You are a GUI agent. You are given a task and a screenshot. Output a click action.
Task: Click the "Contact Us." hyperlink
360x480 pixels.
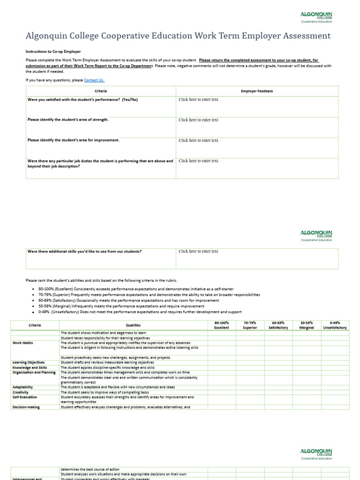94,80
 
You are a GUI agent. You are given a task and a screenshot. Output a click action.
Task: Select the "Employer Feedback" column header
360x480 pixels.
256,91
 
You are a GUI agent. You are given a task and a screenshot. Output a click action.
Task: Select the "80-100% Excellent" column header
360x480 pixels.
222,325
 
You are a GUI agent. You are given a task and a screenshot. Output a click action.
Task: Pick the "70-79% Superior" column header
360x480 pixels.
250,325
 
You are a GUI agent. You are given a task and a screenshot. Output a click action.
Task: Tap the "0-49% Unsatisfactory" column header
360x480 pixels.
335,325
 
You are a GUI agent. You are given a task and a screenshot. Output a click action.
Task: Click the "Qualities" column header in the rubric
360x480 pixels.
133,325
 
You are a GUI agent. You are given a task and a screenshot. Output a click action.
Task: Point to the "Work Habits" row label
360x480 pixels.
23,343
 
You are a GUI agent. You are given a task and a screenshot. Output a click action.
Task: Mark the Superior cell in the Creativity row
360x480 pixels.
250,392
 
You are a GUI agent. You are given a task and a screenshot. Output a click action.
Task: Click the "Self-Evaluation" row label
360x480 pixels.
25,397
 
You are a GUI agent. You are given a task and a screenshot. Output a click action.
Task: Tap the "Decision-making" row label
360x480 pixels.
26,407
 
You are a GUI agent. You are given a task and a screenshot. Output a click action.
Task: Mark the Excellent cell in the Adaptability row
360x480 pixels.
222,387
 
